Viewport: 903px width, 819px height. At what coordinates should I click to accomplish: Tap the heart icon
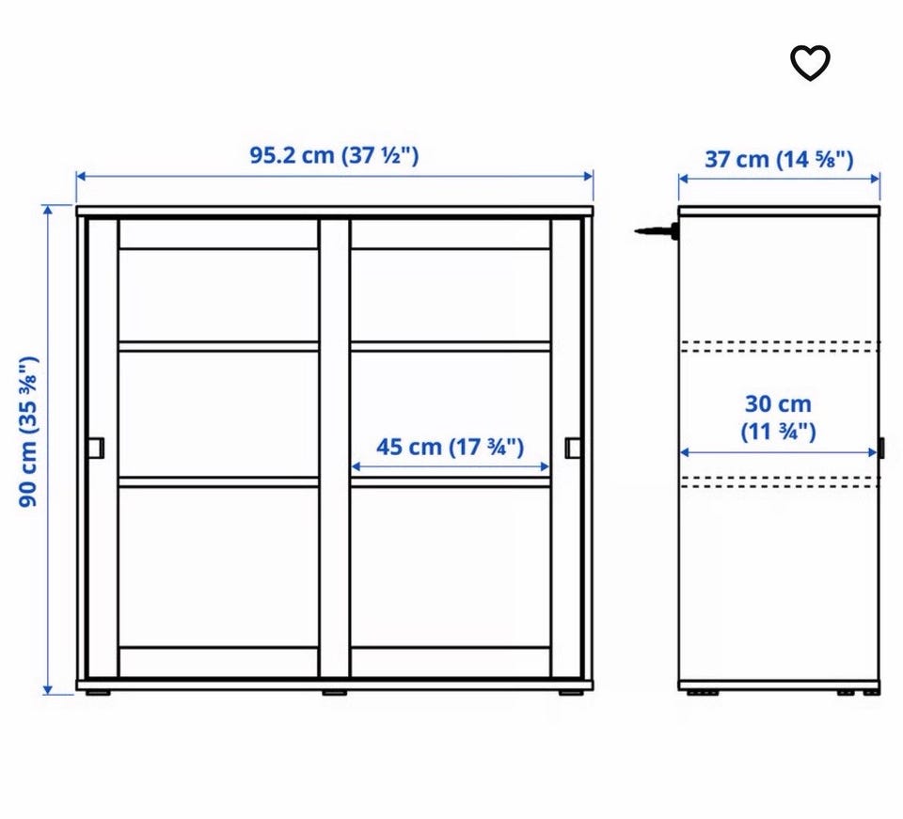[x=810, y=63]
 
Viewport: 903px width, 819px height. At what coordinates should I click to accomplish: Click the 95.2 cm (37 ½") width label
[x=334, y=155]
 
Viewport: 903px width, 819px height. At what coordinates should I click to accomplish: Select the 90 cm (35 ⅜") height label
[x=28, y=432]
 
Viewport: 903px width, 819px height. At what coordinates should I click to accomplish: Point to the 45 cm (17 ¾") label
[x=450, y=448]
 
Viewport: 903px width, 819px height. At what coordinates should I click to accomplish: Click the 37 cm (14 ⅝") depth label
[x=779, y=160]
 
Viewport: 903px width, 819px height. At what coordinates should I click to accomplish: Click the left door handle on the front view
[x=96, y=448]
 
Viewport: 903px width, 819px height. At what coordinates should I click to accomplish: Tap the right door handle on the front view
[x=573, y=448]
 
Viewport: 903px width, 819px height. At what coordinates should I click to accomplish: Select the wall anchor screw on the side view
[x=656, y=231]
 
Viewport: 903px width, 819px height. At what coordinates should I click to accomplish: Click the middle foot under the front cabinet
[x=335, y=692]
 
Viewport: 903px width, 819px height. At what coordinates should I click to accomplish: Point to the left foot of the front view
[x=99, y=692]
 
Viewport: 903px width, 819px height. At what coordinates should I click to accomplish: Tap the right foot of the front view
[x=571, y=692]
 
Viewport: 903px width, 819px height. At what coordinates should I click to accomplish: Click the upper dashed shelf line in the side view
[x=779, y=346]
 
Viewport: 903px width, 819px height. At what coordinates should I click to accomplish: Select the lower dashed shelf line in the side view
[x=779, y=481]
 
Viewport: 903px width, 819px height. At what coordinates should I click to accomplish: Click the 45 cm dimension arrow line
[x=450, y=466]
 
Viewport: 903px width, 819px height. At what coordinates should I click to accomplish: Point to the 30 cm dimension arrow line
[x=779, y=453]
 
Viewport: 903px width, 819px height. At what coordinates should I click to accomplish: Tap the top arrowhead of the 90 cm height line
[x=48, y=210]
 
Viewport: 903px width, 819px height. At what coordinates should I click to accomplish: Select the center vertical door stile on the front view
[x=335, y=448]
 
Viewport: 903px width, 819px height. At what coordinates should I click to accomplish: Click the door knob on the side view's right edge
[x=881, y=449]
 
